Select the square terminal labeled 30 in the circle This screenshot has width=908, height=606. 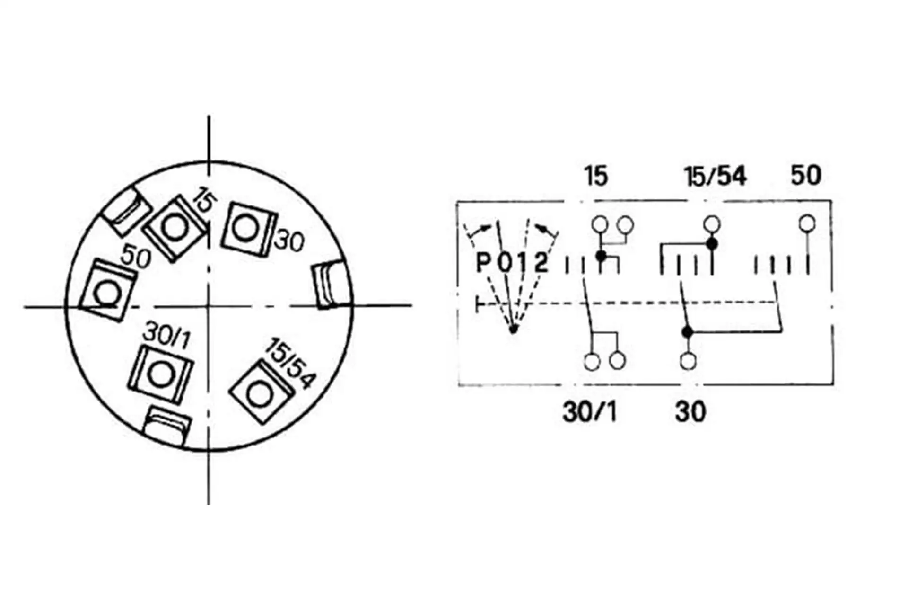click(x=248, y=228)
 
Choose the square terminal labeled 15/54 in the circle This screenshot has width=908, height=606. click(x=261, y=392)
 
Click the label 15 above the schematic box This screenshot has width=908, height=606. click(x=596, y=176)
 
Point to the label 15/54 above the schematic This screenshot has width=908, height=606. click(x=715, y=177)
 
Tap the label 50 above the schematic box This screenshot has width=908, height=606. click(x=806, y=176)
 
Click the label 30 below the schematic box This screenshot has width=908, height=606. click(x=691, y=412)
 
